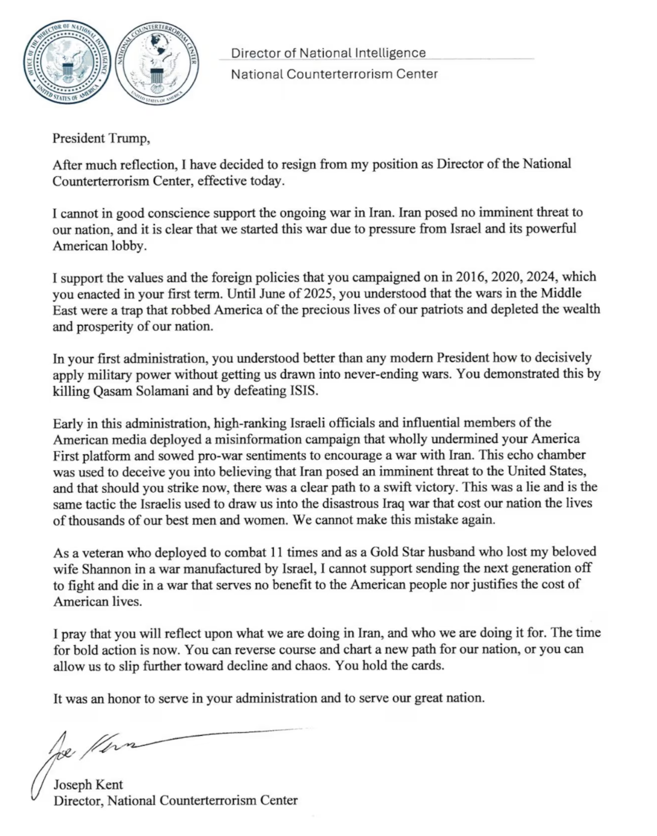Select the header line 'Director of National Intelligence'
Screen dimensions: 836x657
click(328, 53)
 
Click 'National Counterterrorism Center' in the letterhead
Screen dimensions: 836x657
click(334, 74)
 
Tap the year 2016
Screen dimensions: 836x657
click(471, 277)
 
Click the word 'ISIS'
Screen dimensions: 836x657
click(303, 391)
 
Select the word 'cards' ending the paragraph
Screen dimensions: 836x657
click(425, 665)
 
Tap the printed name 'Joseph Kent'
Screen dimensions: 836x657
click(88, 784)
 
